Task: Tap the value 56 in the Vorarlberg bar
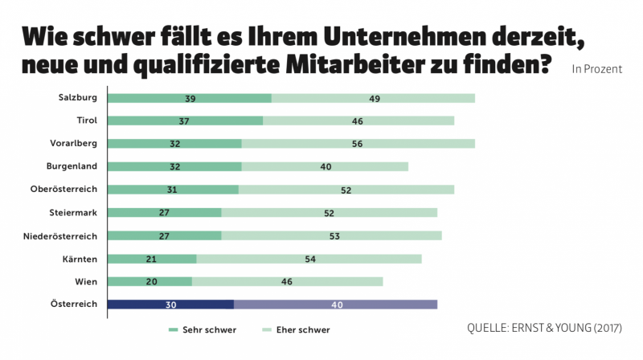[x=358, y=144]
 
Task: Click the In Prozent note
[x=596, y=69]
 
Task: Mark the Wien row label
[x=85, y=281]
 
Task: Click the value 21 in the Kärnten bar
[x=151, y=259]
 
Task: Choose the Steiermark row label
[x=73, y=213]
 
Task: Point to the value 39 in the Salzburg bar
[x=190, y=98]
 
